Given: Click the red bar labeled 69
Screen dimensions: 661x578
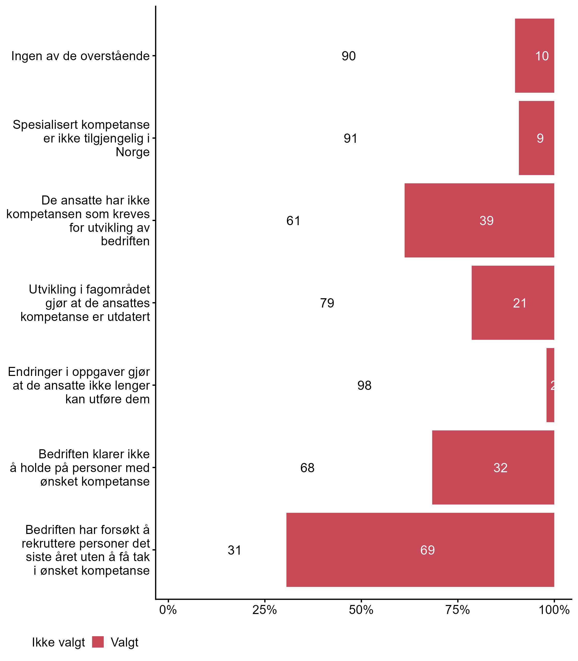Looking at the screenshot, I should click(x=420, y=550).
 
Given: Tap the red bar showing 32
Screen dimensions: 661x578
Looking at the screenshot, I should click(x=493, y=467).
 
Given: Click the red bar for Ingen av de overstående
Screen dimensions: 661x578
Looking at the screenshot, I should click(x=534, y=56).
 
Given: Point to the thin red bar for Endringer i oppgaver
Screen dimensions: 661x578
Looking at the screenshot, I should click(x=550, y=385).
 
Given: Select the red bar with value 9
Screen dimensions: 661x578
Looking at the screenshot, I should click(x=536, y=138).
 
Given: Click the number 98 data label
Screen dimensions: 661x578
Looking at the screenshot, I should click(x=364, y=385).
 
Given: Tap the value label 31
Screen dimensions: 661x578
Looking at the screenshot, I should click(x=234, y=550).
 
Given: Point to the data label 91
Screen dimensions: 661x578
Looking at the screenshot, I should click(x=350, y=138).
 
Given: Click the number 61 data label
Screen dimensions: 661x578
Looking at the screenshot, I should click(x=293, y=221).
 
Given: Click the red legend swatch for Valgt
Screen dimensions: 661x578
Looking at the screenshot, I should click(x=98, y=642).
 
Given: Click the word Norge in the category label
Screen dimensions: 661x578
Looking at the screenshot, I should click(x=133, y=152).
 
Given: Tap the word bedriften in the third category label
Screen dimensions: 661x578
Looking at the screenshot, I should click(x=125, y=241).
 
